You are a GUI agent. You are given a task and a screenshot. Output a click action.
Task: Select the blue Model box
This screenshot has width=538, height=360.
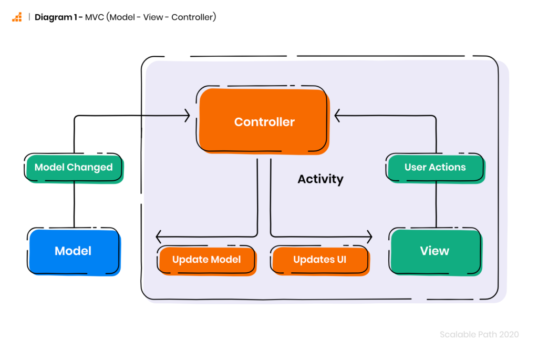tap(74, 252)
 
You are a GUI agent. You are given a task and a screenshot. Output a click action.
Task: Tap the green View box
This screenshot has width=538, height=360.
tap(436, 252)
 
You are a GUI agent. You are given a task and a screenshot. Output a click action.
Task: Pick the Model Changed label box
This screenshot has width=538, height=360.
tap(74, 168)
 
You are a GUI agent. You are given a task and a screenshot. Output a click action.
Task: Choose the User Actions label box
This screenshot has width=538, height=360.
tap(435, 168)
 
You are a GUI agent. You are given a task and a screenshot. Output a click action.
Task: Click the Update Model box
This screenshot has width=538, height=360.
tap(207, 260)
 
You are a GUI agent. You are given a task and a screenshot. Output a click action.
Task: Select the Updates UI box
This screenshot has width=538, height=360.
tap(320, 260)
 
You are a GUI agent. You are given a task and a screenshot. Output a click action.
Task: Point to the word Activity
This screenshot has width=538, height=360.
tap(320, 179)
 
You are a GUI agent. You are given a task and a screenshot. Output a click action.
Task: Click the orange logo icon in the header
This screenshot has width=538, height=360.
tap(17, 17)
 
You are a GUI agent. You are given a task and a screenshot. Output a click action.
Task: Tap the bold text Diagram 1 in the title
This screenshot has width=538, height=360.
tap(56, 17)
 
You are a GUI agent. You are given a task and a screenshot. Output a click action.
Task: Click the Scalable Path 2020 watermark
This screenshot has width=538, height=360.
tap(479, 334)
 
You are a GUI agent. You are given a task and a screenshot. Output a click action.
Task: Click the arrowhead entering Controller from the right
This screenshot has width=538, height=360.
tap(337, 116)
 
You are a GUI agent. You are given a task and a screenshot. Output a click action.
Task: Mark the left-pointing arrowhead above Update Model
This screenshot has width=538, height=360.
tap(159, 236)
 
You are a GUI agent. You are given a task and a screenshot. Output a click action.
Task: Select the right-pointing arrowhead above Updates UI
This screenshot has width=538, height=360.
tap(369, 236)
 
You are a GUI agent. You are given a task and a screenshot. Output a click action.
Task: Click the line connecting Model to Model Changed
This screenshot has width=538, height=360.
tap(74, 204)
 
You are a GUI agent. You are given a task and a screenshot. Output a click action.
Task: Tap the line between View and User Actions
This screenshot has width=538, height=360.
tap(436, 204)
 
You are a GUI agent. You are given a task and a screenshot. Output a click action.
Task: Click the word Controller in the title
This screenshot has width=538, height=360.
tap(192, 17)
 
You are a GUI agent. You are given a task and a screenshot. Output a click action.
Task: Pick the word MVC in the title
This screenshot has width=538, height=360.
tap(95, 17)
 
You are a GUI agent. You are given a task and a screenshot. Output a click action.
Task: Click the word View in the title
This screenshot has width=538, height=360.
tap(153, 17)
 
